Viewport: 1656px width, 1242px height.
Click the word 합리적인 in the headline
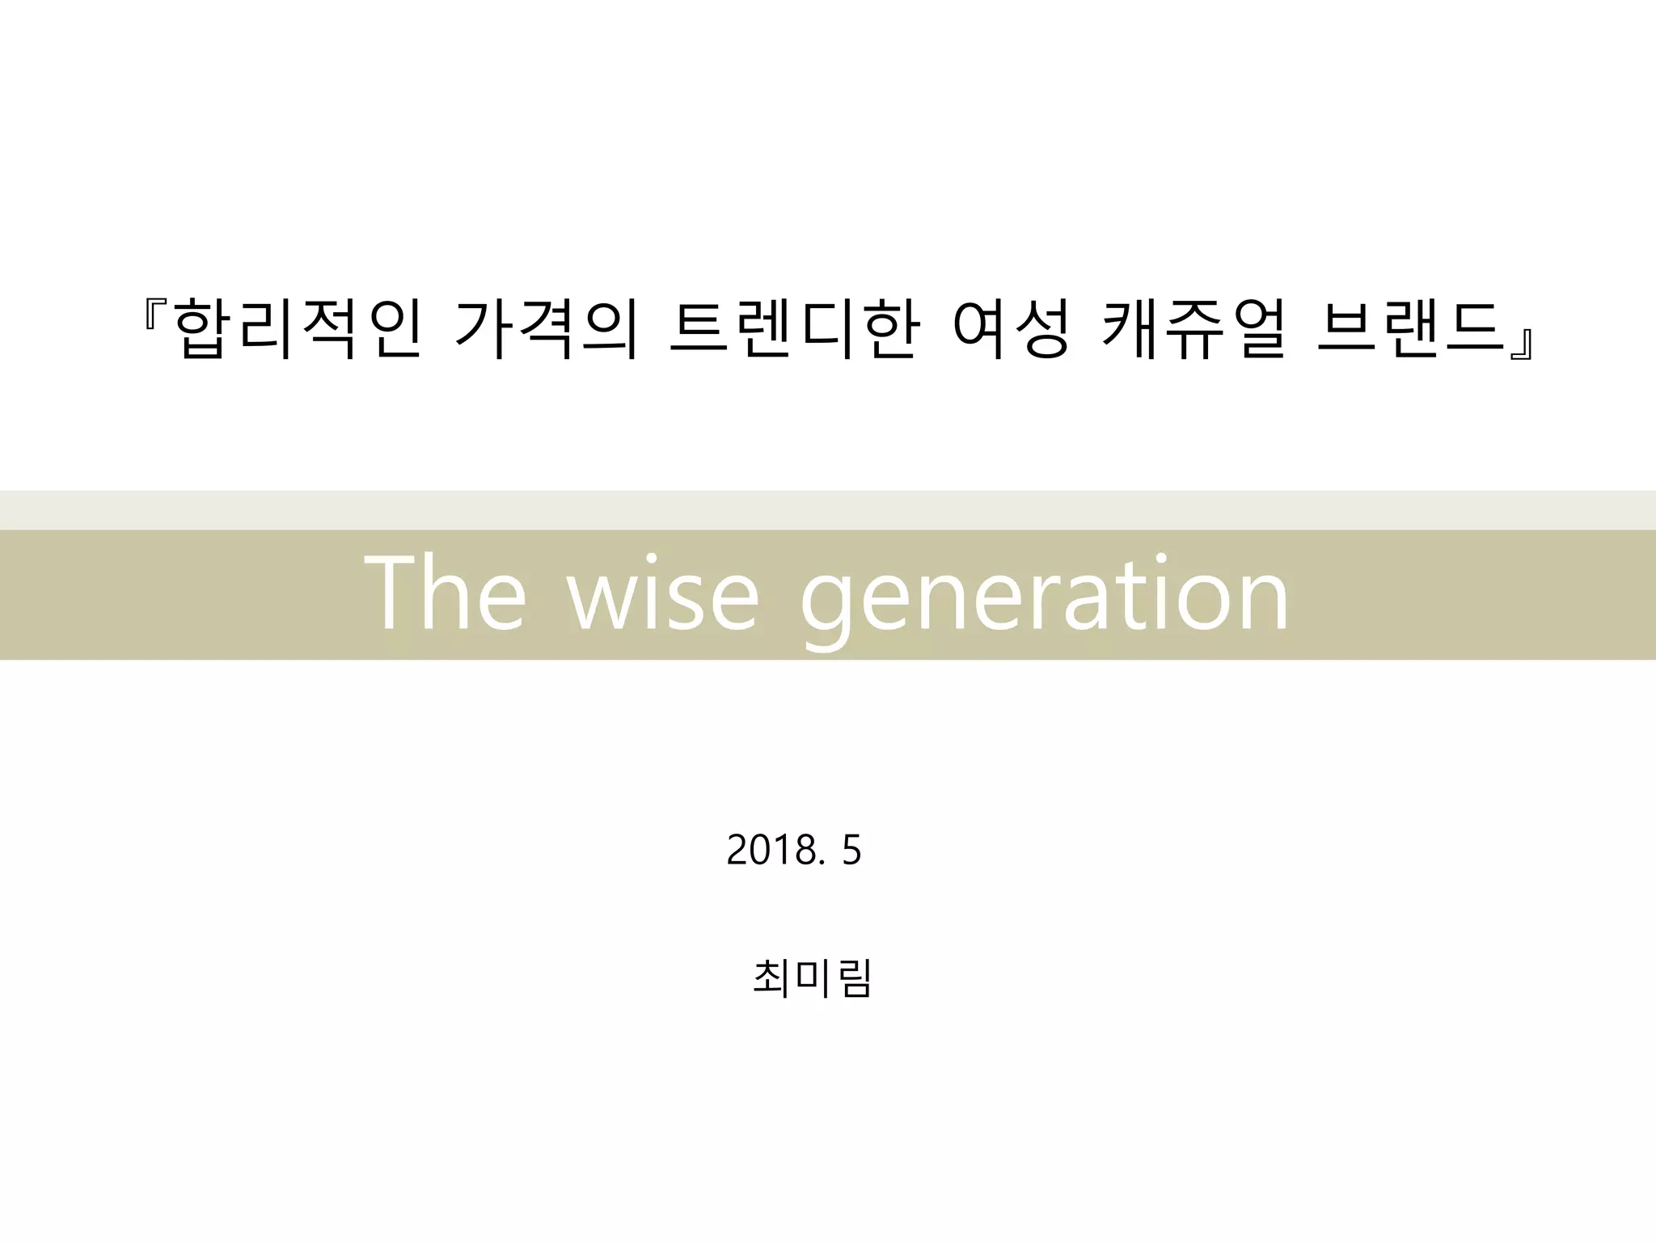(x=298, y=328)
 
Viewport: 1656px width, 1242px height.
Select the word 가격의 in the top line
(x=547, y=328)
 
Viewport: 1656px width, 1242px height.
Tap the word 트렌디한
(x=794, y=328)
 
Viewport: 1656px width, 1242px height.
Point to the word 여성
(x=1012, y=328)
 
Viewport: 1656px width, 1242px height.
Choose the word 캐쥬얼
(x=1193, y=328)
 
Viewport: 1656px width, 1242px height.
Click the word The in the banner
(x=446, y=594)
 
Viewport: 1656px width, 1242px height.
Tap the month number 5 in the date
(x=851, y=850)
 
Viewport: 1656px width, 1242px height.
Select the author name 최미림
(x=812, y=978)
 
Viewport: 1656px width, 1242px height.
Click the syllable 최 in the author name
(x=772, y=978)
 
